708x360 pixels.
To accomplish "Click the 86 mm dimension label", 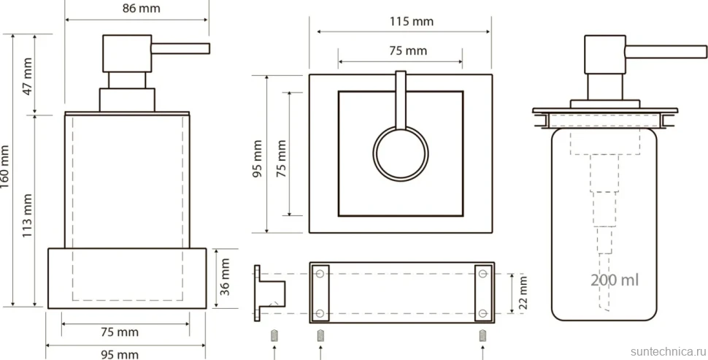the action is [x=142, y=9].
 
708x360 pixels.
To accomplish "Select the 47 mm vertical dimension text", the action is [x=28, y=76].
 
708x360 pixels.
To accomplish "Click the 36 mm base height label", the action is [x=224, y=277].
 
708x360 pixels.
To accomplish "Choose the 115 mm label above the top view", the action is [x=412, y=21].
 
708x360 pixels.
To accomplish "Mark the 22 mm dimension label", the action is [x=523, y=292].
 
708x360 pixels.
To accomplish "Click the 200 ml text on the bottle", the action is [x=615, y=280].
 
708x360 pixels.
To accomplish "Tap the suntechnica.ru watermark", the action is [x=668, y=351].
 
